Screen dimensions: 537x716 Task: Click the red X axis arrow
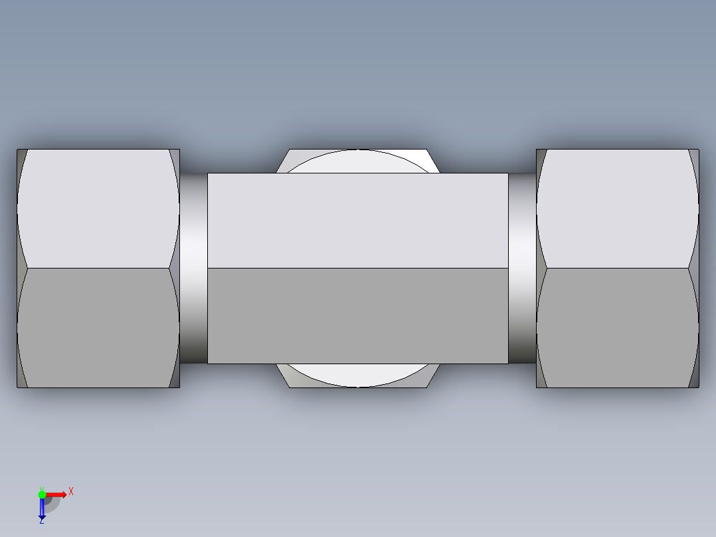tap(56, 494)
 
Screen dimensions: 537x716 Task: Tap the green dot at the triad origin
tap(42, 494)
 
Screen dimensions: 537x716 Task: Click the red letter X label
tap(71, 492)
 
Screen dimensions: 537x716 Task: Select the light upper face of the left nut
tap(98, 207)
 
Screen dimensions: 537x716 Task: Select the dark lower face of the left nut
tap(98, 327)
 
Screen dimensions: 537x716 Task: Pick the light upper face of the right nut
tap(617, 207)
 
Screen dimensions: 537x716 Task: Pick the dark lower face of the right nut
tap(617, 327)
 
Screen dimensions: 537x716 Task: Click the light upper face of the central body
tap(357, 221)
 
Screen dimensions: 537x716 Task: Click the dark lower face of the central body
tap(357, 316)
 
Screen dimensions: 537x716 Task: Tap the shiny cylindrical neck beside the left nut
tap(193, 268)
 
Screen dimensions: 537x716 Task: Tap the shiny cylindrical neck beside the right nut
tap(522, 268)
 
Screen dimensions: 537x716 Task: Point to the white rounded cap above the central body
tap(357, 161)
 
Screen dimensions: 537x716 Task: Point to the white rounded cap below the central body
tap(357, 375)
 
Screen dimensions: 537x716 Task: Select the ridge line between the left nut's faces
tap(98, 268)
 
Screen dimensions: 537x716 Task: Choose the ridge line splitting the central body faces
tap(357, 268)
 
